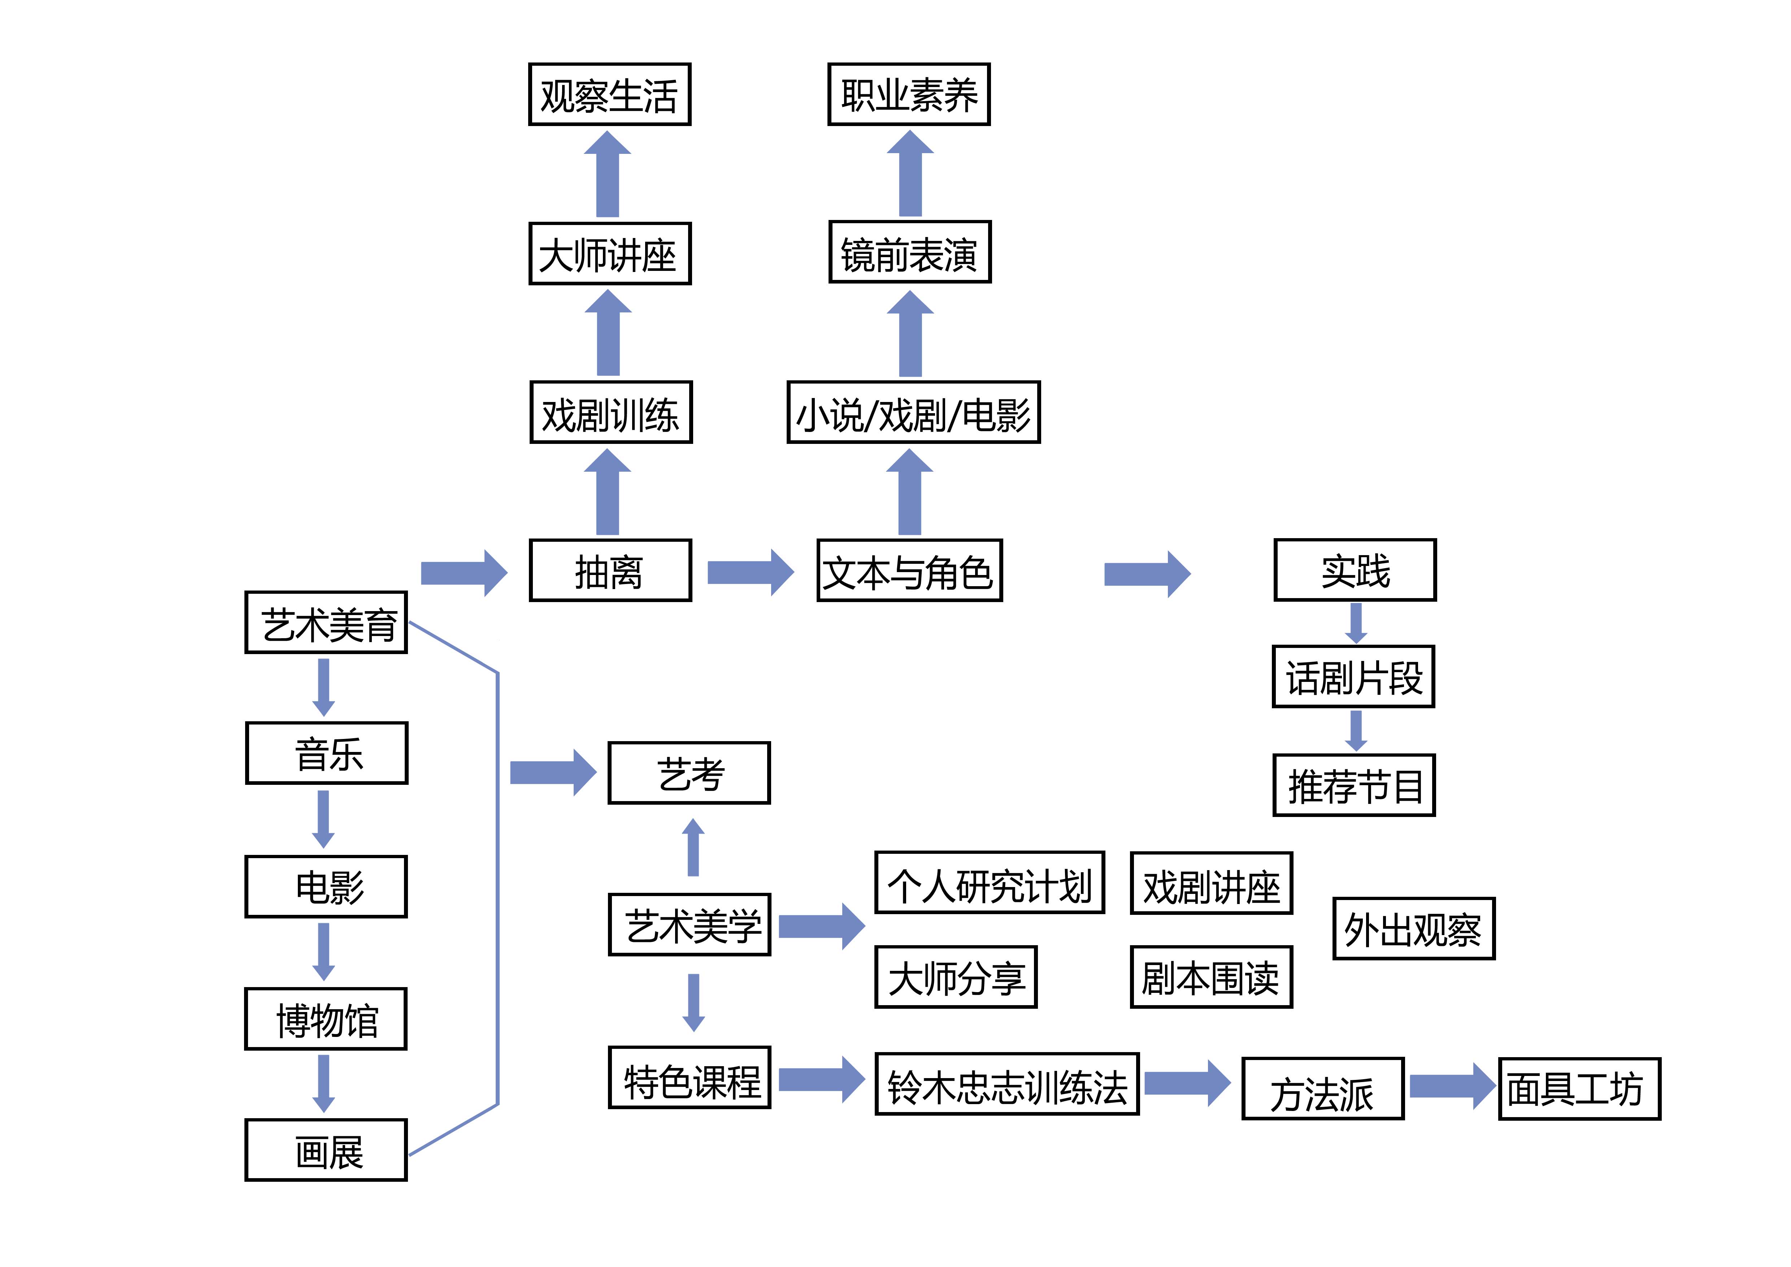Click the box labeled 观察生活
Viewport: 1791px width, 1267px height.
[x=609, y=94]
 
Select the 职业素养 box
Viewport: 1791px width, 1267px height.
[x=909, y=94]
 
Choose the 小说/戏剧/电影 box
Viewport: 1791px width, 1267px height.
[x=913, y=413]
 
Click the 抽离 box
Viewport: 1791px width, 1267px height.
[x=610, y=570]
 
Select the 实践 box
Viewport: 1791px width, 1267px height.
[x=1355, y=570]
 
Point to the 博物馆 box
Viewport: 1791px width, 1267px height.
[x=326, y=1019]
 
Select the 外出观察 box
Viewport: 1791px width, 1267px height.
[x=1413, y=929]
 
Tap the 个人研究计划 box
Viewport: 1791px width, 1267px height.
[x=989, y=882]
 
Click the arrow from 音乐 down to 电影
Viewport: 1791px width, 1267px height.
[x=324, y=819]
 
